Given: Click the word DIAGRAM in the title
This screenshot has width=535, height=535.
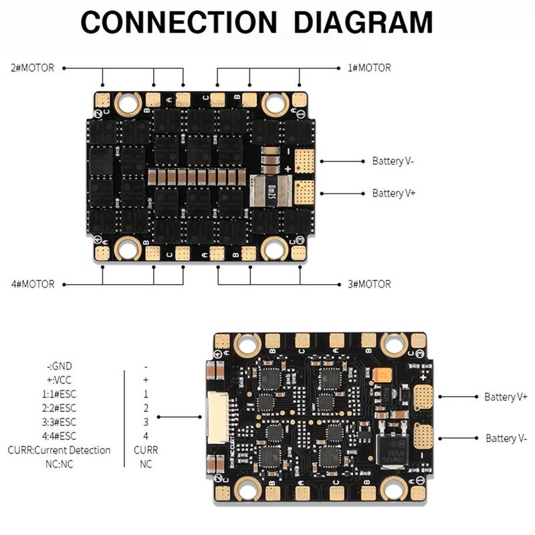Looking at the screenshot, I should [x=364, y=23].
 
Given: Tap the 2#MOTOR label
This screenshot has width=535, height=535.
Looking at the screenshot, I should [x=32, y=68].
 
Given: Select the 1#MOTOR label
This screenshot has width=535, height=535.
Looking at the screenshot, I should [x=369, y=68].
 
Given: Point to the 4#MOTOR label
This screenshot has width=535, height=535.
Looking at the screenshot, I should [x=32, y=284].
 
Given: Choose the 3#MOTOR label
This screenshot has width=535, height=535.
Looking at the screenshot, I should [x=369, y=284].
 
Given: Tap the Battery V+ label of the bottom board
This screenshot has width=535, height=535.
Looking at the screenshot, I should [x=506, y=397].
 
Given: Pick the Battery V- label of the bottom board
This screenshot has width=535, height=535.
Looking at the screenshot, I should [x=506, y=438].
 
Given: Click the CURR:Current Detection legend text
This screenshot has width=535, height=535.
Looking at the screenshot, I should [x=59, y=450].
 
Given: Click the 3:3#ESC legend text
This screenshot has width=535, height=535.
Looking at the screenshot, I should [x=59, y=422].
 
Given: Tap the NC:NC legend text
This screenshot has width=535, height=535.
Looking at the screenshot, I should [x=59, y=464].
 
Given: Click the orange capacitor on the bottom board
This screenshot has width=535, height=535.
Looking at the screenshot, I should [x=384, y=377].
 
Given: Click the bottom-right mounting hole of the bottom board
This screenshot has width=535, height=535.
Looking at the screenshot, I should [x=394, y=490].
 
